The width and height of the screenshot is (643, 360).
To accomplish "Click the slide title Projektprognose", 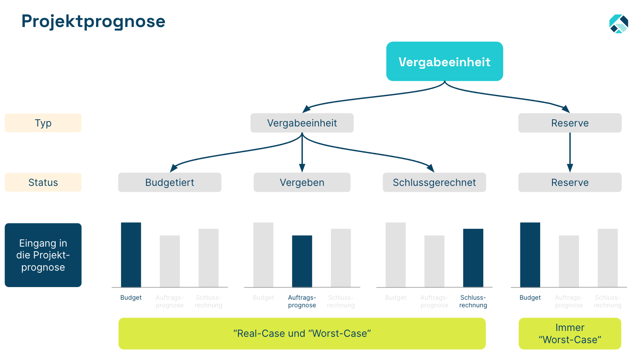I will tap(93, 21).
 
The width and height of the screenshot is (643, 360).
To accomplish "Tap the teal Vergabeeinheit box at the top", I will tap(445, 62).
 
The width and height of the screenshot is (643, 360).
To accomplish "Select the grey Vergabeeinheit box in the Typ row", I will tap(302, 123).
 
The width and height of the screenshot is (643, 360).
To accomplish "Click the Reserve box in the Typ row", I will tap(570, 123).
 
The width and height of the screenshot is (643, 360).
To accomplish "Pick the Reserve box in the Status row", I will tap(570, 183).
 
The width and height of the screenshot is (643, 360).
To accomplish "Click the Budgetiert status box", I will tap(169, 183).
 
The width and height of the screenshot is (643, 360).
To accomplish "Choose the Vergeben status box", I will tap(302, 183).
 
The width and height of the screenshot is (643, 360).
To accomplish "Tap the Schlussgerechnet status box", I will tap(434, 183).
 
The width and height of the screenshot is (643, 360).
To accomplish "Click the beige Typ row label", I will tap(43, 123).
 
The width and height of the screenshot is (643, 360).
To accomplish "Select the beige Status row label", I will tap(43, 183).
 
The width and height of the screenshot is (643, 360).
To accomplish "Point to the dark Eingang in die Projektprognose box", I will tap(43, 255).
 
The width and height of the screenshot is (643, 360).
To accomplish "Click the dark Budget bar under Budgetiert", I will tap(131, 255).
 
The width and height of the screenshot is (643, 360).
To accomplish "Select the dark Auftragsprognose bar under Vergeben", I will tap(302, 261).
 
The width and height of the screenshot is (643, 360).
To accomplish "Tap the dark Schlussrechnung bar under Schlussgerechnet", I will tap(473, 258).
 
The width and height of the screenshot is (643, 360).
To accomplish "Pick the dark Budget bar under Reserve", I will tap(530, 255).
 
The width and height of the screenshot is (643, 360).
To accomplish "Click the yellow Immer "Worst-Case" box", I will tap(570, 333).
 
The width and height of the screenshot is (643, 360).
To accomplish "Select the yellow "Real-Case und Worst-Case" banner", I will tap(302, 333).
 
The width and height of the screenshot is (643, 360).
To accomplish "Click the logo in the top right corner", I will tap(619, 24).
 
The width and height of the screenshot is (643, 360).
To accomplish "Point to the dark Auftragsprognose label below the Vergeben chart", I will tap(302, 301).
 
